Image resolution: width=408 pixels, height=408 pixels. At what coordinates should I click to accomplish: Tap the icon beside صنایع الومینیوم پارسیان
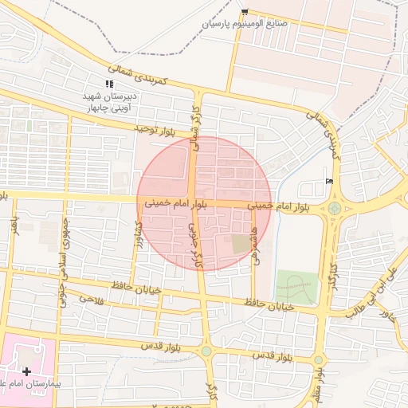point(244,12)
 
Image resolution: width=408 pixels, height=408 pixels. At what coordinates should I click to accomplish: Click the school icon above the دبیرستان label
point(109,84)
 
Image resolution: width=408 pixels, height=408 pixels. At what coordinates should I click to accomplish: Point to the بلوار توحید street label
point(163,128)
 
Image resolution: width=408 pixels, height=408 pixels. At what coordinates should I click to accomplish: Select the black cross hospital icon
point(27,371)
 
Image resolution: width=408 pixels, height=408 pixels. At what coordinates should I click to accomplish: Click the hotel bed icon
point(330,182)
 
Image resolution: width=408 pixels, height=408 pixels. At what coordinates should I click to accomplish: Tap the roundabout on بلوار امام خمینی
point(334,209)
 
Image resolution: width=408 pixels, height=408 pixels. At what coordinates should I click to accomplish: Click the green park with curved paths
point(296,287)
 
